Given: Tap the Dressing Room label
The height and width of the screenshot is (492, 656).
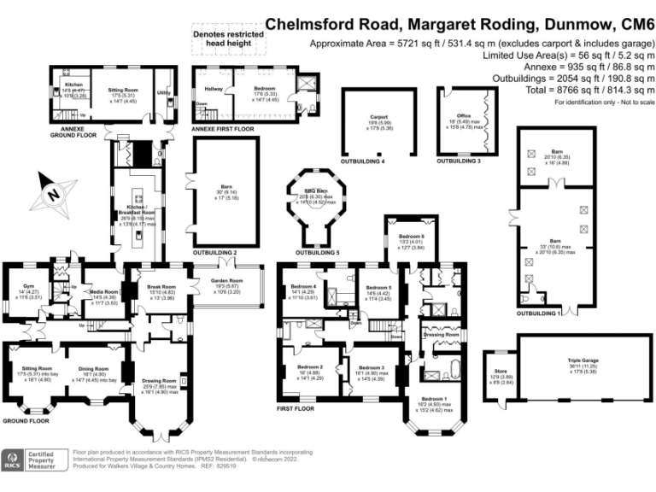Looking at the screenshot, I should [442, 334].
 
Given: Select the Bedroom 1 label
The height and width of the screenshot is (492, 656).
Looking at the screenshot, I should [434, 399].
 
